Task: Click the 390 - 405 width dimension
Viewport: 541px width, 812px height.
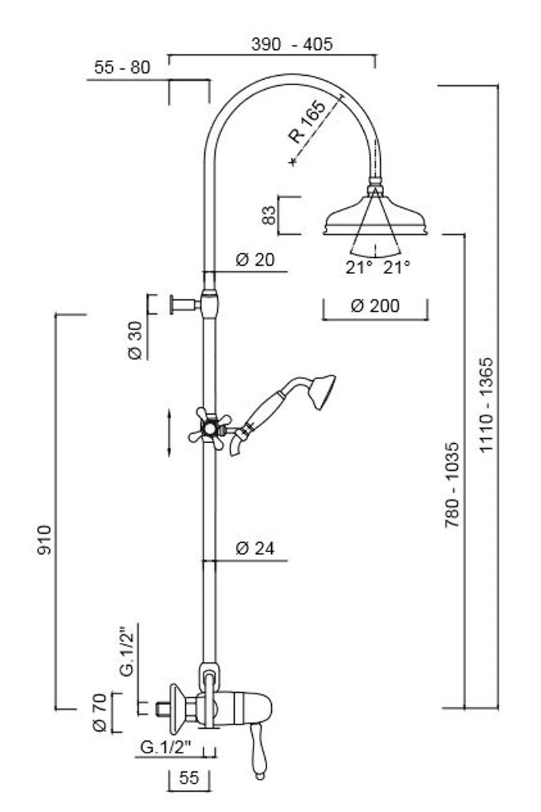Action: [x=291, y=45]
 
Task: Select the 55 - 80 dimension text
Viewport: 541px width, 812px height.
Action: [x=122, y=67]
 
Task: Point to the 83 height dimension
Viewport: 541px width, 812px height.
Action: [x=269, y=216]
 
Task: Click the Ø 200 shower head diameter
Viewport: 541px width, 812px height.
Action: [x=375, y=306]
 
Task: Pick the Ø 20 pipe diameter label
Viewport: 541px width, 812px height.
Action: [x=255, y=260]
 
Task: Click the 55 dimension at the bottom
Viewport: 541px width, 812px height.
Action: [x=190, y=778]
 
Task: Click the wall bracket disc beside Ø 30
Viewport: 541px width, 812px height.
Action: [x=172, y=304]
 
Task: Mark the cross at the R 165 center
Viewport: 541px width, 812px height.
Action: [x=291, y=162]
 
